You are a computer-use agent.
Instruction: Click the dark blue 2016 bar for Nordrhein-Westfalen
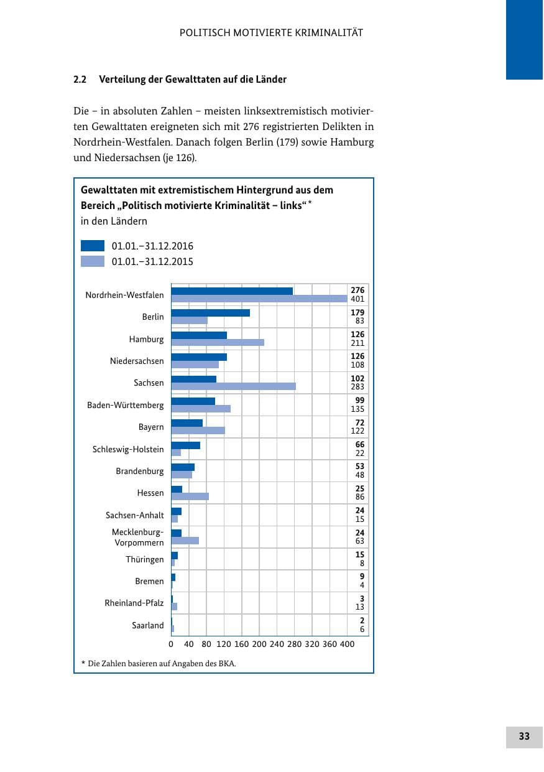[232, 291]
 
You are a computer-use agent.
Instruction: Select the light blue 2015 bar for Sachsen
[233, 386]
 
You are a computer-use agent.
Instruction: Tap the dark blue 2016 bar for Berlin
[211, 313]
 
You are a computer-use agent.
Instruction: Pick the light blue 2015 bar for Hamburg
[218, 342]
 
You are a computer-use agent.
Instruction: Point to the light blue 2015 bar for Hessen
[190, 496]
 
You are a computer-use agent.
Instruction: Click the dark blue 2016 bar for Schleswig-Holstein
[186, 445]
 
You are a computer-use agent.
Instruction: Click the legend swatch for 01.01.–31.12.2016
[93, 246]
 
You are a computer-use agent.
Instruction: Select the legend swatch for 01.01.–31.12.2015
[93, 261]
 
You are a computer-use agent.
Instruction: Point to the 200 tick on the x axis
[259, 644]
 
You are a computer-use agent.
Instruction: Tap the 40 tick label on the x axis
[188, 644]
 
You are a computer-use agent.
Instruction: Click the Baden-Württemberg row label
[126, 405]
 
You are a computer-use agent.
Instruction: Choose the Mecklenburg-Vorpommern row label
[138, 537]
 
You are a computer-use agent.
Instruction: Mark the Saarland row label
[148, 625]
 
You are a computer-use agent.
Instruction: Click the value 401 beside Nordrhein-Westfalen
[357, 299]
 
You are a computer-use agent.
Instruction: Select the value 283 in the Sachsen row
[357, 387]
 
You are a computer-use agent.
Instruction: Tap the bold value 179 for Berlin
[357, 312]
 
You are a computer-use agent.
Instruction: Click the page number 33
[523, 736]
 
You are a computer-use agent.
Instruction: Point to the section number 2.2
[80, 80]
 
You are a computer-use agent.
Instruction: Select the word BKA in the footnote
[227, 663]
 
